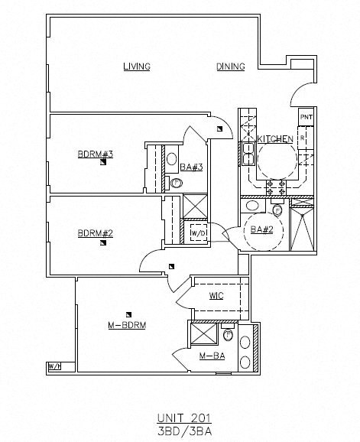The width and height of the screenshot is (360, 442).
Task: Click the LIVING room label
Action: click(137, 67)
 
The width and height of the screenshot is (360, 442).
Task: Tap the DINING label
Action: click(230, 67)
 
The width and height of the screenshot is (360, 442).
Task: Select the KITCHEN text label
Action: click(274, 139)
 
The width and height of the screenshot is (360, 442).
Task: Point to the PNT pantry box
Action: click(306, 117)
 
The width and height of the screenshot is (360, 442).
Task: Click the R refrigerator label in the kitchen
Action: click(302, 138)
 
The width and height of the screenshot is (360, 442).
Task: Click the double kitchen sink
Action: click(248, 153)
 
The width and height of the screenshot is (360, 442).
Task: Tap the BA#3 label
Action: click(190, 167)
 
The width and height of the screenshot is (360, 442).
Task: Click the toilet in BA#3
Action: click(177, 184)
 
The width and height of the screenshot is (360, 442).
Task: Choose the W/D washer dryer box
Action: click(197, 233)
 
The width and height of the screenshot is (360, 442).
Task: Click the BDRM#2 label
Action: click(95, 233)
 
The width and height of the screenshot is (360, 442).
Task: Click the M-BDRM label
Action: click(126, 325)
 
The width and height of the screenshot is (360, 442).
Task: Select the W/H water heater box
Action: click(55, 367)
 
